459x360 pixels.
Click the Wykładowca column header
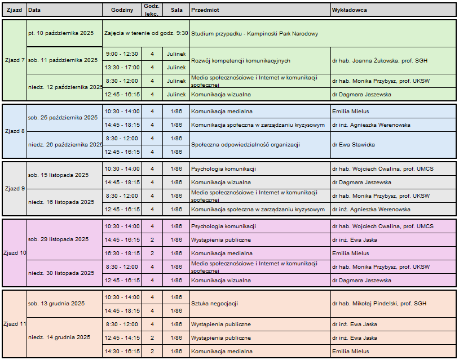click(x=350, y=10)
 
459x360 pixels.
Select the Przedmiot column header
click(x=206, y=10)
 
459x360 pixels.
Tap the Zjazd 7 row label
click(x=14, y=60)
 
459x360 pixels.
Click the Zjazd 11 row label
click(x=14, y=324)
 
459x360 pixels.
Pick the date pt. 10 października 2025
click(x=61, y=33)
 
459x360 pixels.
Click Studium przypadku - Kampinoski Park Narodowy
click(x=255, y=34)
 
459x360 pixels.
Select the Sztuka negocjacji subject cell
click(x=214, y=304)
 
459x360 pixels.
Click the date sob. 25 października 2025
click(x=63, y=118)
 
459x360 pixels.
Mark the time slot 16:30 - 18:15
click(x=122, y=254)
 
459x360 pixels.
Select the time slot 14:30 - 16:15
click(x=122, y=352)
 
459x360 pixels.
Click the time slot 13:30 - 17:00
click(x=122, y=67)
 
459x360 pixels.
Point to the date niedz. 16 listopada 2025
click(x=61, y=202)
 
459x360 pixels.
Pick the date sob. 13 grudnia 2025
click(x=56, y=304)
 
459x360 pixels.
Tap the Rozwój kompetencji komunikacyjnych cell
click(x=241, y=60)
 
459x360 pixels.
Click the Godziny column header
click(x=122, y=10)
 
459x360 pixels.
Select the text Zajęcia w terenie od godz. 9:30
click(x=146, y=33)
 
